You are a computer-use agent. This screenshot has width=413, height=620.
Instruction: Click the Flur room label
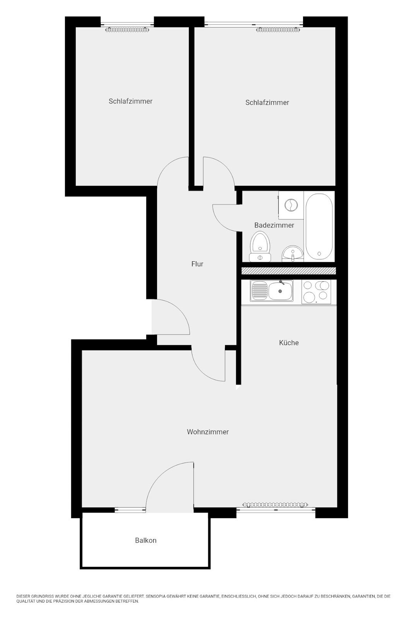[x=197, y=264]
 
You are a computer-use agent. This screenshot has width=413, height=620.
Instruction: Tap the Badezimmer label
[x=274, y=225]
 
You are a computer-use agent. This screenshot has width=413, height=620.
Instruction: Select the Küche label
[x=289, y=343]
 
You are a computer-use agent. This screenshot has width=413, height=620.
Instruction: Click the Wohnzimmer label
[x=208, y=432]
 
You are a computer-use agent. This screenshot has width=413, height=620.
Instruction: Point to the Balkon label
[x=146, y=540]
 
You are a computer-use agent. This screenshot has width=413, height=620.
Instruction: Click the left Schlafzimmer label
[x=130, y=101]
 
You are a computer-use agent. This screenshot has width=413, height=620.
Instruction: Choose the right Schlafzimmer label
[x=267, y=102]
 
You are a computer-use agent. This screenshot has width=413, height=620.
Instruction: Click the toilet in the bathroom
[x=260, y=246]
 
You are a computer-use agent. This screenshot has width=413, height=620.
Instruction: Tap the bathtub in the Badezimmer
[x=319, y=226]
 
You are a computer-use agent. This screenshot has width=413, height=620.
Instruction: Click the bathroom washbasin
[x=292, y=254]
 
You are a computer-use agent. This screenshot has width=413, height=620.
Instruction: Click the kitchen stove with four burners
[x=317, y=291]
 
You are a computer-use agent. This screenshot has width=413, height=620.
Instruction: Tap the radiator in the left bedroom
[x=127, y=29]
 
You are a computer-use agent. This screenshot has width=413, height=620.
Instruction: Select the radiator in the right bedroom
[x=278, y=29]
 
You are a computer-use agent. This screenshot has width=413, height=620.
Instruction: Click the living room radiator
[x=275, y=505]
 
